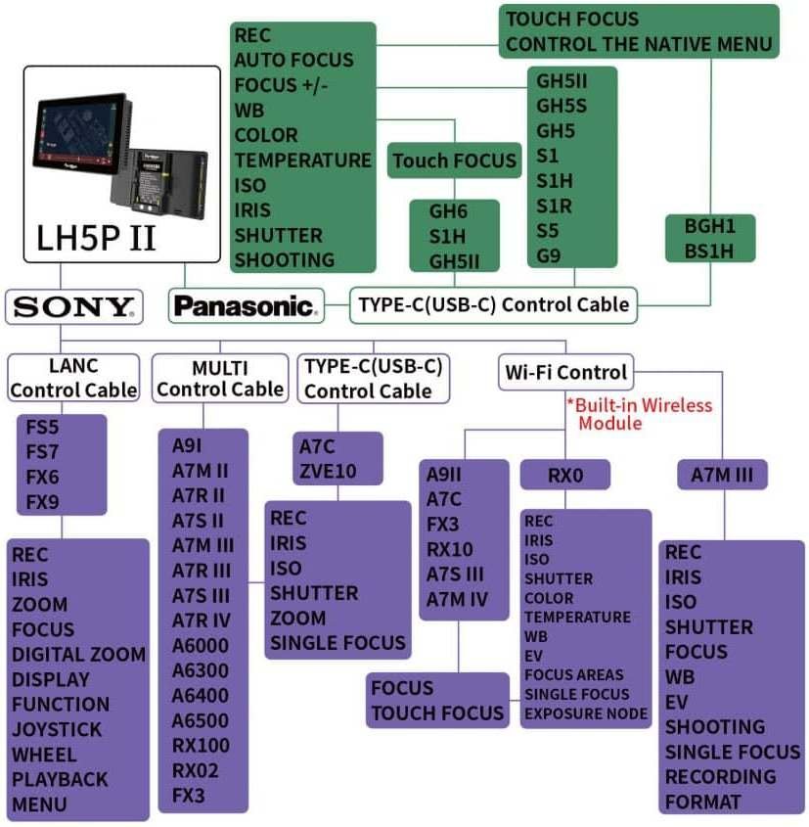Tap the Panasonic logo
click(246, 306)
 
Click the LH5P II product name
click(96, 238)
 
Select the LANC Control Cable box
click(74, 378)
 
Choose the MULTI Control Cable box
click(219, 378)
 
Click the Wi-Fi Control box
click(565, 372)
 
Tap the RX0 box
click(565, 476)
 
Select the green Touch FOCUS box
click(454, 161)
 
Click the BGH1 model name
click(710, 226)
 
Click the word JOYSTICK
click(57, 729)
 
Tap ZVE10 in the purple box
click(328, 472)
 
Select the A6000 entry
click(201, 646)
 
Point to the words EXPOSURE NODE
click(586, 713)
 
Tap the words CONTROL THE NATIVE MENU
click(639, 44)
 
